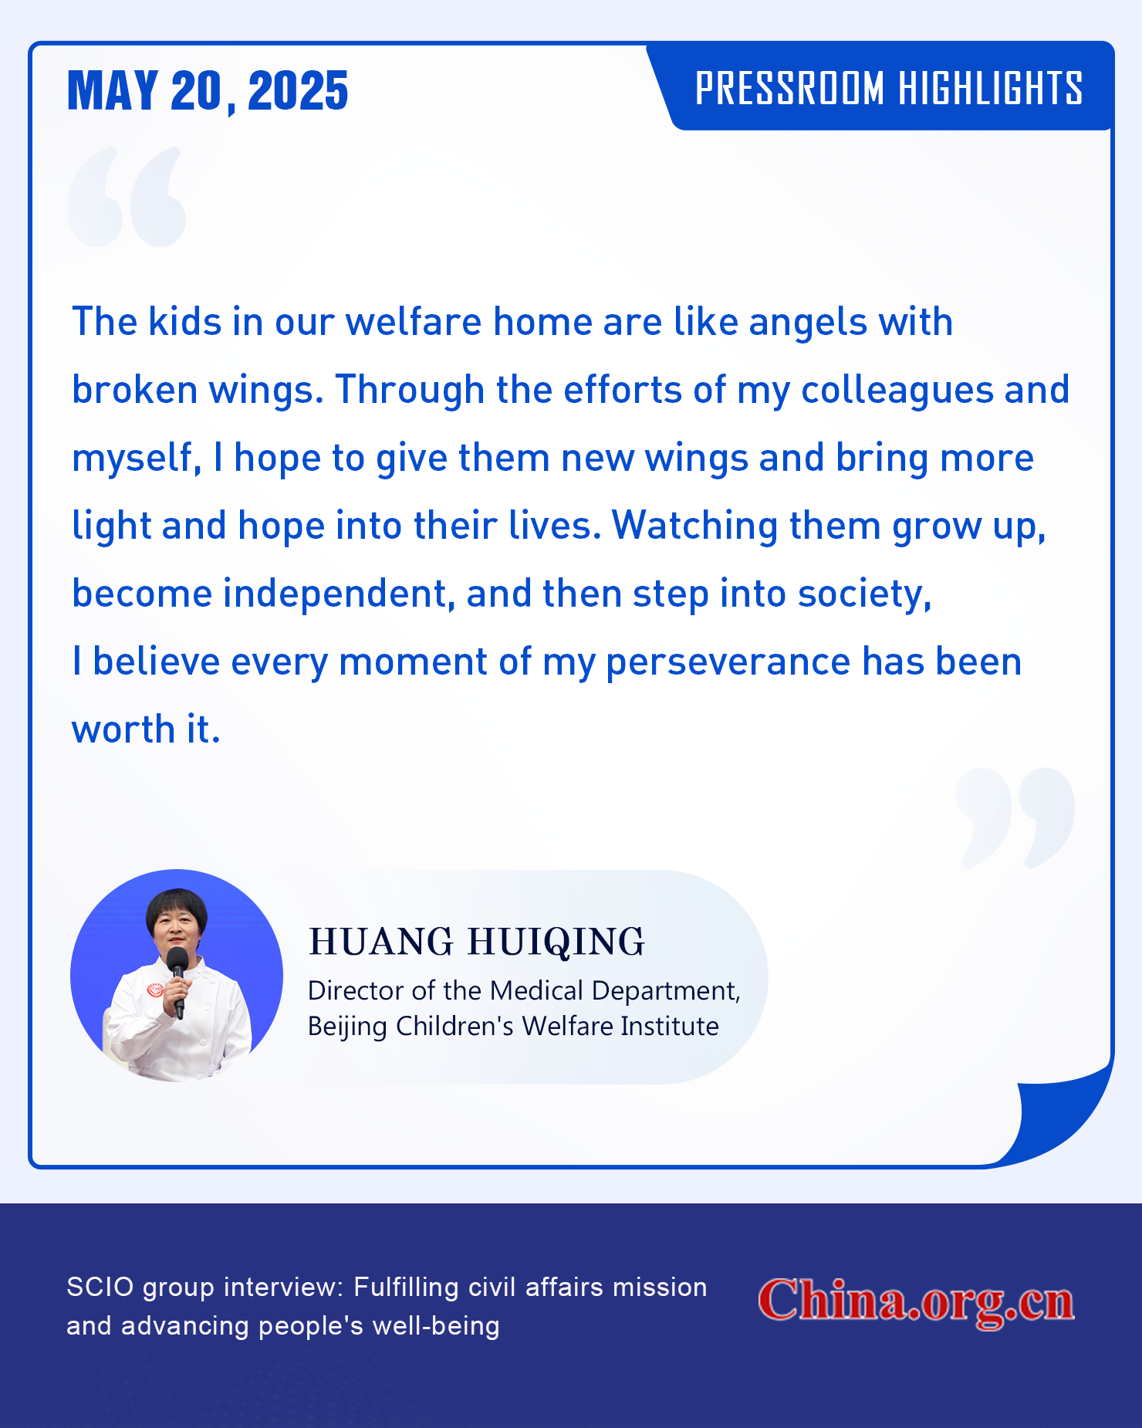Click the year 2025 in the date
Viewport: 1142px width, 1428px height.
pos(298,90)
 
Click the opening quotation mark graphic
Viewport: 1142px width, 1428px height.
pos(127,197)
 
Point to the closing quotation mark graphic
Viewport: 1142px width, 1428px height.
pos(1015,817)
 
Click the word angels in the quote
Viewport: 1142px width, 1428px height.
pos(807,323)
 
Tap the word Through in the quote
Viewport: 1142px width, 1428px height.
pos(410,391)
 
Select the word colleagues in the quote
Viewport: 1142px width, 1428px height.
pos(897,391)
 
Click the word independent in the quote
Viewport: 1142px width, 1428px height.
pos(339,594)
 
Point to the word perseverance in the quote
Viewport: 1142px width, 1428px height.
pos(728,663)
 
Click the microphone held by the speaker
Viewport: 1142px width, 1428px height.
pos(178,981)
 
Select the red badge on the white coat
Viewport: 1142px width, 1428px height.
pos(156,989)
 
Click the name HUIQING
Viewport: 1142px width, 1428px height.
pos(556,942)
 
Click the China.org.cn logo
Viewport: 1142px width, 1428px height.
pos(916,1301)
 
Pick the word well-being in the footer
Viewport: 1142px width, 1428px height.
pos(436,1326)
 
